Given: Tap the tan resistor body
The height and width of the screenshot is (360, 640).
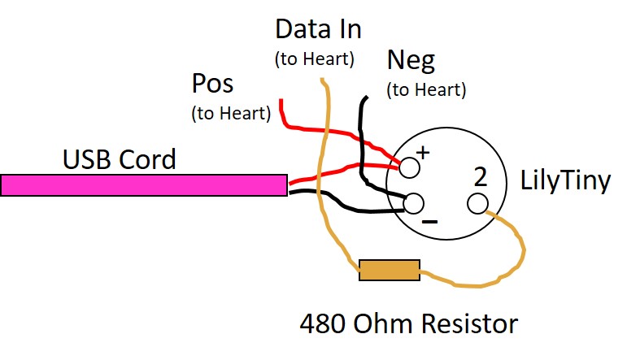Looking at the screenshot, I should [390, 271].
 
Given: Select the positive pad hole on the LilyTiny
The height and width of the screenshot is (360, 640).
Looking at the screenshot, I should [410, 167].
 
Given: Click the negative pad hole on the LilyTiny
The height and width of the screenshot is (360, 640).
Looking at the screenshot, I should [414, 202].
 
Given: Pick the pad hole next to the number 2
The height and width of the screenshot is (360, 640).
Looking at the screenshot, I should [477, 202].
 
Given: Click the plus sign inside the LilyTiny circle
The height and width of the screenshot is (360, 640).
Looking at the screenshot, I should [423, 151].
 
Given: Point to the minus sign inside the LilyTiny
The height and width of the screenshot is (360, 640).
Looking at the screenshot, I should [431, 221].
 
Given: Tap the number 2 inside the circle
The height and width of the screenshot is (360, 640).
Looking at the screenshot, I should [481, 176].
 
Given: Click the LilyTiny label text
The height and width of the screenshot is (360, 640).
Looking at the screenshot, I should [565, 180].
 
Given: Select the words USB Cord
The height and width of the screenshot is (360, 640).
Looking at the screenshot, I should [120, 159].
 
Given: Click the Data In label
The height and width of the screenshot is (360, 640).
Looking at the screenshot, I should [318, 30].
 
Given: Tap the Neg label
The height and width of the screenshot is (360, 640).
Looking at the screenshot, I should [411, 60].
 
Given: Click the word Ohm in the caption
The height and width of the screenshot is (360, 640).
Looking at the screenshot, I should [387, 325].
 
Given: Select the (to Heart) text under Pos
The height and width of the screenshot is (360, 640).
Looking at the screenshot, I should [231, 114].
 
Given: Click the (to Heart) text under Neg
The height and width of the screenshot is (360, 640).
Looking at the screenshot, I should [427, 89].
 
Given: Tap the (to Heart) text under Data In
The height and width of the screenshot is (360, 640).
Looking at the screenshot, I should [315, 59].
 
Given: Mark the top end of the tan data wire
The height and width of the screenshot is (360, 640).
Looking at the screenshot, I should [323, 80].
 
